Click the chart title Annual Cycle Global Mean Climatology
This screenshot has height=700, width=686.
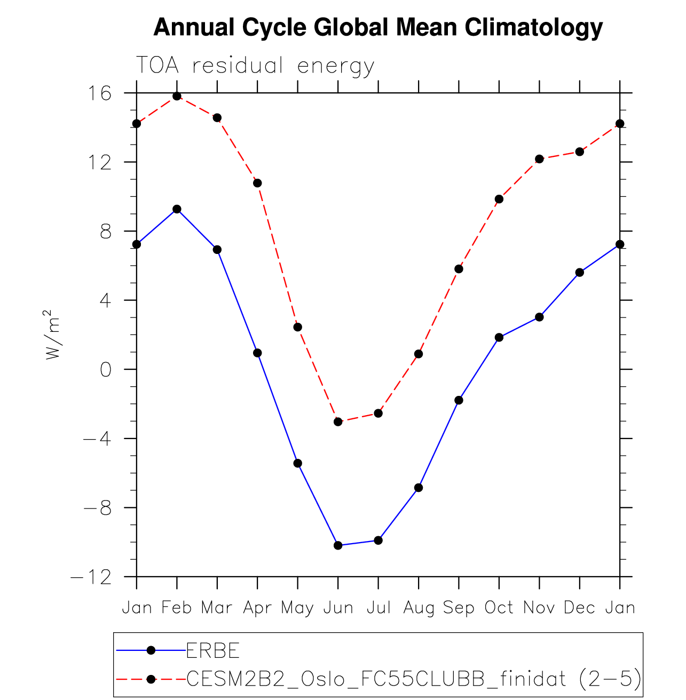(x=377, y=28)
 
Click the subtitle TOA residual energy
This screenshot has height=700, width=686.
(x=255, y=66)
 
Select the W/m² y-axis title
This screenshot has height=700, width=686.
(x=53, y=335)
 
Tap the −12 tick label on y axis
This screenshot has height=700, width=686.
(x=91, y=577)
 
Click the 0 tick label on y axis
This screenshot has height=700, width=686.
(x=106, y=369)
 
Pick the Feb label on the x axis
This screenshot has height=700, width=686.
(x=177, y=608)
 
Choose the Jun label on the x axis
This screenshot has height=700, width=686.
(x=338, y=608)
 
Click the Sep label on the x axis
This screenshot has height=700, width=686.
(x=459, y=608)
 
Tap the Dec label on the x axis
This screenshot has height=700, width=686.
(x=579, y=608)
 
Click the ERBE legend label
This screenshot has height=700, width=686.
(x=212, y=650)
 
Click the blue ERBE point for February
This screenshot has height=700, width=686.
(x=177, y=209)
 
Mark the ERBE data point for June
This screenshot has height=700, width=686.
(x=338, y=545)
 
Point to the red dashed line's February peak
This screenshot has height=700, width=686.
(x=177, y=96)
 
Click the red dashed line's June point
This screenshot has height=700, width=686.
(x=338, y=421)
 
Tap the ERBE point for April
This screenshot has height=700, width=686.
(x=257, y=353)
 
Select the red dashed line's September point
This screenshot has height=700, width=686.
(x=459, y=269)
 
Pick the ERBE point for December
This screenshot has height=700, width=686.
(x=579, y=272)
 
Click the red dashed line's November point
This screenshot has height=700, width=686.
(x=539, y=159)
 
